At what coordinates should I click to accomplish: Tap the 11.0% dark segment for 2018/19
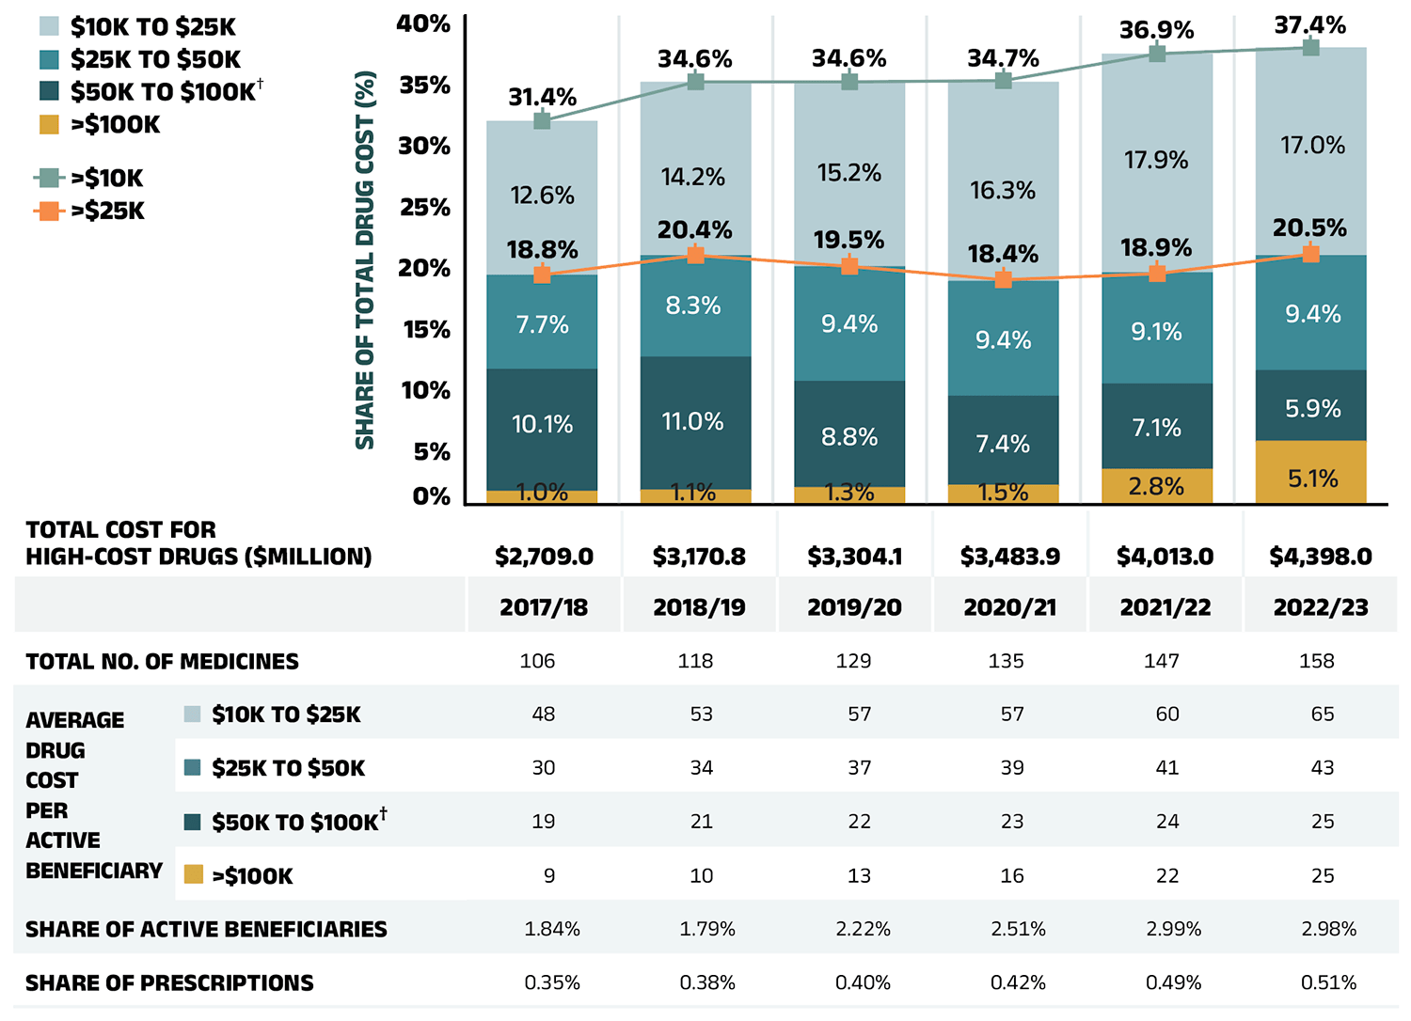click(x=695, y=422)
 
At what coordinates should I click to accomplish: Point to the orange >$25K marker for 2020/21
click(x=1004, y=279)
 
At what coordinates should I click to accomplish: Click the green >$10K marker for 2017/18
click(x=542, y=120)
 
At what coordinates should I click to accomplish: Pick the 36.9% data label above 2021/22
click(x=1156, y=30)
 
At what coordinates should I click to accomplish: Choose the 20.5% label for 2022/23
click(x=1309, y=228)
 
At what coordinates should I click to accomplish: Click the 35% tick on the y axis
click(x=424, y=86)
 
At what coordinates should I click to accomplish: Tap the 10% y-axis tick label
click(x=425, y=390)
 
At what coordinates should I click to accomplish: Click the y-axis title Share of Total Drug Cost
click(x=365, y=260)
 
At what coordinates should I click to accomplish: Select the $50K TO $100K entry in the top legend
click(x=162, y=91)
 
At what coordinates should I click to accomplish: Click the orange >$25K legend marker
click(x=50, y=211)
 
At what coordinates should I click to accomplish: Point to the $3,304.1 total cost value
click(x=854, y=557)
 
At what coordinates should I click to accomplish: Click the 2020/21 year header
click(x=1009, y=607)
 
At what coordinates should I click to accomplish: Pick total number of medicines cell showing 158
click(x=1316, y=661)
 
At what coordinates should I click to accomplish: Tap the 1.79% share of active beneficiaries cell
click(x=707, y=929)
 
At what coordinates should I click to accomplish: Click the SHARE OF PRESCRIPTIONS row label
click(x=169, y=982)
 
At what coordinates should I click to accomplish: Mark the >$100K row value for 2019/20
click(x=859, y=875)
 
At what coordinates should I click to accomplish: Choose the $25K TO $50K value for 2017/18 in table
click(x=544, y=767)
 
